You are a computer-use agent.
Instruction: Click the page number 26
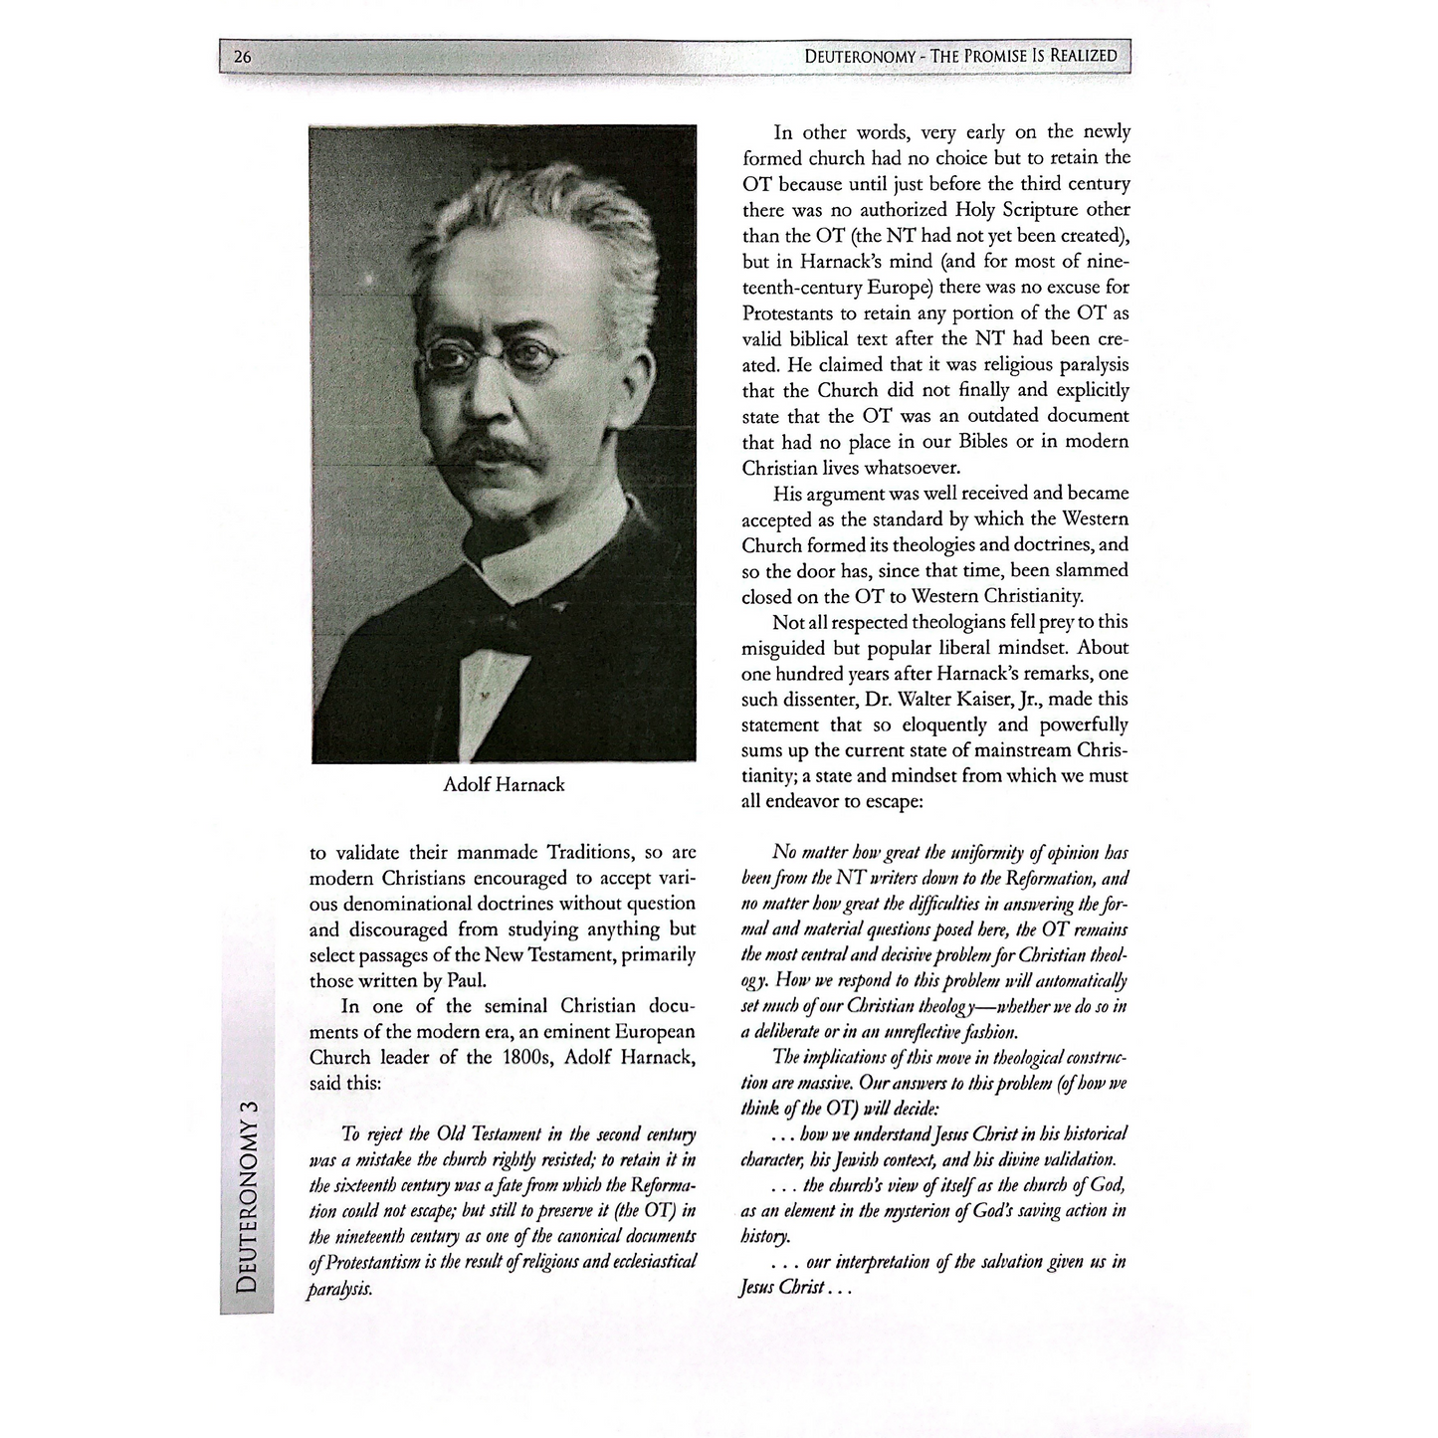coord(242,57)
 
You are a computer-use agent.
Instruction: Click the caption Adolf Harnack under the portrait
coord(504,784)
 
